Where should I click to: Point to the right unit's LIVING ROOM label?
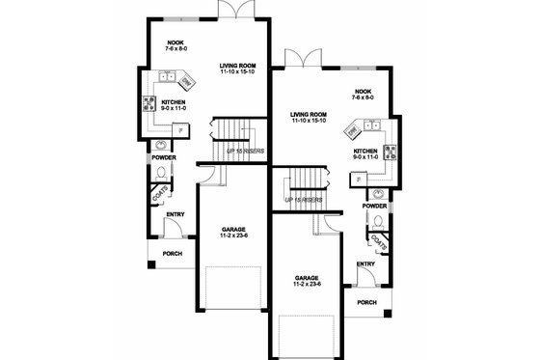click(x=309, y=115)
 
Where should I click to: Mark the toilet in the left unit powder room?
click(x=161, y=171)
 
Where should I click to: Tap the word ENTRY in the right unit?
click(x=365, y=263)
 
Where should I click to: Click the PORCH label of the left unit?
click(x=172, y=253)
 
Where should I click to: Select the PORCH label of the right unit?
click(x=366, y=302)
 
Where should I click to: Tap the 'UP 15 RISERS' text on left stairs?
click(x=245, y=151)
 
